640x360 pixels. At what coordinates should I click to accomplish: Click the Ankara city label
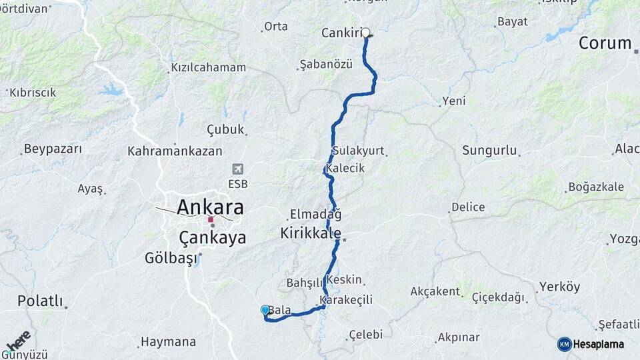(x=210, y=206)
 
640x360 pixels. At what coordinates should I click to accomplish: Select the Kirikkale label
(x=311, y=234)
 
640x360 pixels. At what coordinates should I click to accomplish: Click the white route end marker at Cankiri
(x=365, y=31)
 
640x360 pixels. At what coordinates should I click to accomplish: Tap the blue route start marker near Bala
(x=265, y=310)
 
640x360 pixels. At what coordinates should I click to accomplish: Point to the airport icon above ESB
(x=238, y=169)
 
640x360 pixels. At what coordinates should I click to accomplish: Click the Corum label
(x=605, y=43)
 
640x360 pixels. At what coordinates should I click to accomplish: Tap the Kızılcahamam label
(x=208, y=67)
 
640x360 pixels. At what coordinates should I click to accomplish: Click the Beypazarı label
(x=53, y=148)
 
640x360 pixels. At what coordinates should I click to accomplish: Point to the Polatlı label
(x=39, y=301)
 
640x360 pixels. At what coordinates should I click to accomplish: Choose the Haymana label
(x=168, y=342)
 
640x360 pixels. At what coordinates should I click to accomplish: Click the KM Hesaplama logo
(x=591, y=344)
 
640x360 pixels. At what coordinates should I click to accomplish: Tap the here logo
(x=18, y=341)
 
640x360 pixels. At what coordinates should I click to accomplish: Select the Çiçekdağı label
(x=498, y=297)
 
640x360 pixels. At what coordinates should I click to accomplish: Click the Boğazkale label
(x=596, y=187)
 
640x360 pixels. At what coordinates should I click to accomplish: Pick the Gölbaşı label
(x=171, y=257)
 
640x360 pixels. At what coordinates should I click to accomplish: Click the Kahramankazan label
(x=175, y=151)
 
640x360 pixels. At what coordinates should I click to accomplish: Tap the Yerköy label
(x=559, y=287)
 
